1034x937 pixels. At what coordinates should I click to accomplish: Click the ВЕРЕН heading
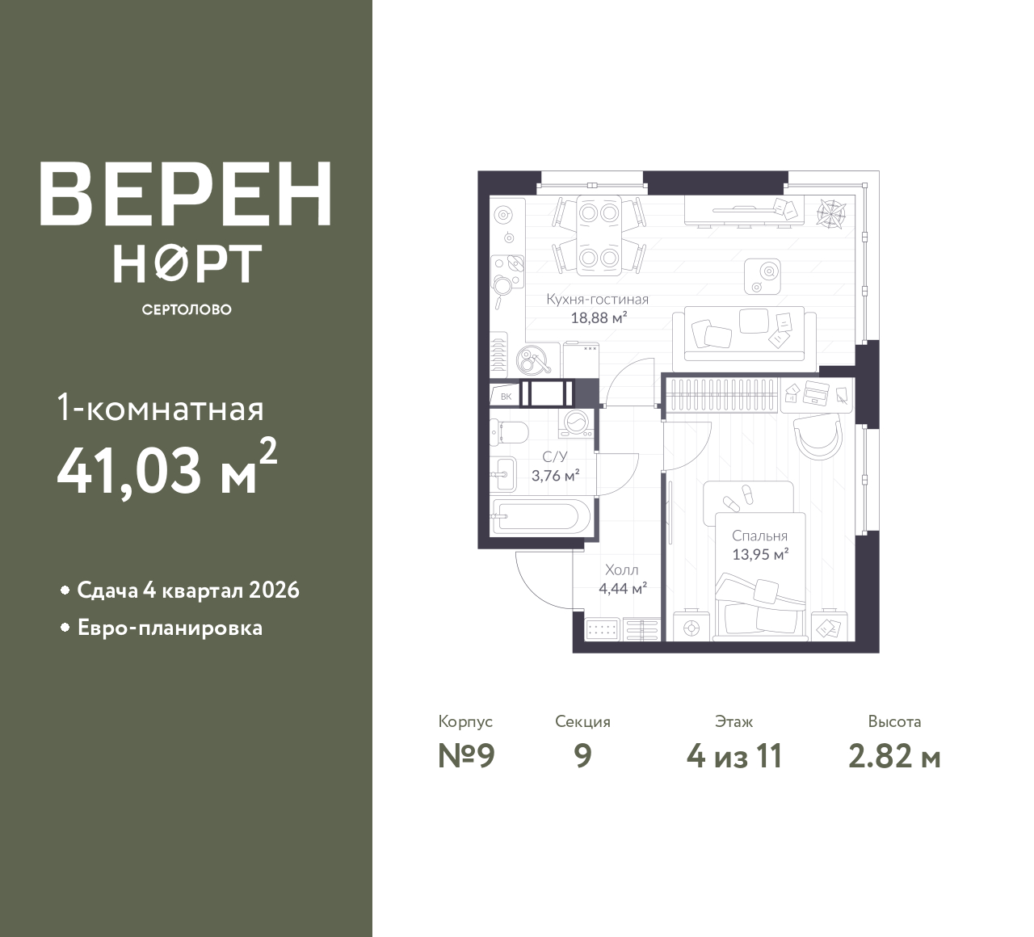pos(186,194)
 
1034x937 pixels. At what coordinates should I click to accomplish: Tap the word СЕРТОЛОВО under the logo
pos(187,309)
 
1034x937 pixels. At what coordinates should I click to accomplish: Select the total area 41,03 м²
pos(167,468)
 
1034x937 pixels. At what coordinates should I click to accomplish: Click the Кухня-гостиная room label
pos(598,300)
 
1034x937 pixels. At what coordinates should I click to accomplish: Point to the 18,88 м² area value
pos(599,318)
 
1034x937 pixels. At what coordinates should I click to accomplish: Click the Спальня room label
pos(760,537)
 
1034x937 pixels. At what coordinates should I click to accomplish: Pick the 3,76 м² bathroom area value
pos(555,475)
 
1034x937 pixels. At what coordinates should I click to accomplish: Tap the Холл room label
pos(622,570)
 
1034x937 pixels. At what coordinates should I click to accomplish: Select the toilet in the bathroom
pos(509,431)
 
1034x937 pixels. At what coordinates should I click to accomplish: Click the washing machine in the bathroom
pos(575,423)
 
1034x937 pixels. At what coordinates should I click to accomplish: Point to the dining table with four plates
pos(599,235)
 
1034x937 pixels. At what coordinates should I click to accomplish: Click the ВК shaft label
pos(506,397)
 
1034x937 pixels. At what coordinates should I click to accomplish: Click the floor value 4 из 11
pos(734,756)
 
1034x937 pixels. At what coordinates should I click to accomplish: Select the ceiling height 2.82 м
pos(894,757)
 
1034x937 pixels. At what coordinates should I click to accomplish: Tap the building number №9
pos(466,756)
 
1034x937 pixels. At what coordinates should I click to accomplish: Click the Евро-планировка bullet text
pos(170,628)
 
